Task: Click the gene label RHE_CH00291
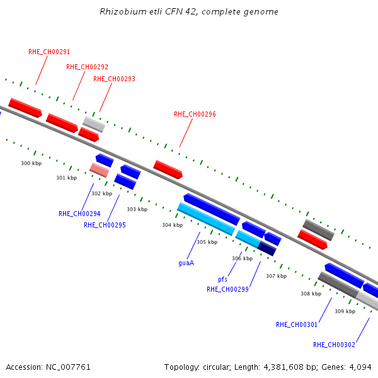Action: point(49,52)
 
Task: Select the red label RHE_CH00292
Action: point(88,67)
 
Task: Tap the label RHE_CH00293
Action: point(114,79)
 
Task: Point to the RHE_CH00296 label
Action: point(195,114)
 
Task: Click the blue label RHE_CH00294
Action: point(79,214)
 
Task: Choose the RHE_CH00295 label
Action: point(105,225)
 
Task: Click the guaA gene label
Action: point(186,263)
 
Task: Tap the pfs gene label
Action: point(222,279)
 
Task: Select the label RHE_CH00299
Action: point(227,289)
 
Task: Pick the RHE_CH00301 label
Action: point(297,324)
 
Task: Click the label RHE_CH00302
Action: point(334,345)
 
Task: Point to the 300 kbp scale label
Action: point(31,163)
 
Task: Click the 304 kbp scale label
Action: point(173,225)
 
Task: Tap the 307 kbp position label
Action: point(277,276)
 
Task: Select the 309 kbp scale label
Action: point(345,311)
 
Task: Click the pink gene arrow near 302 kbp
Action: point(100,170)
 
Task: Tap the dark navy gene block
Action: point(267,249)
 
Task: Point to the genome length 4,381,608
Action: point(283,367)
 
